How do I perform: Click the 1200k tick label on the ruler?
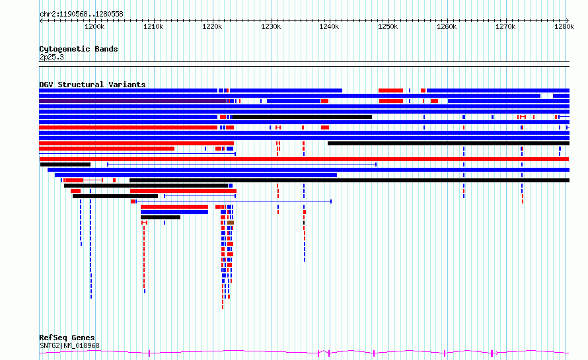pyautogui.click(x=94, y=26)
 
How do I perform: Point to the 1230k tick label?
pyautogui.click(x=271, y=26)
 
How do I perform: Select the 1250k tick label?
pyautogui.click(x=388, y=26)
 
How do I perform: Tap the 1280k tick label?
pyautogui.click(x=564, y=26)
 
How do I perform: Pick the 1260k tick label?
pyautogui.click(x=447, y=26)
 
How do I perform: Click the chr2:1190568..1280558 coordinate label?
pyautogui.click(x=81, y=14)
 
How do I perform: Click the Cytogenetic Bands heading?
pyautogui.click(x=79, y=49)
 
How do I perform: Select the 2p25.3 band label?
pyautogui.click(x=52, y=57)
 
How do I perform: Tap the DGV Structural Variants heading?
pyautogui.click(x=92, y=85)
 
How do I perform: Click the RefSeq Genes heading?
pyautogui.click(x=67, y=338)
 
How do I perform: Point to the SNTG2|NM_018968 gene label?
pyautogui.click(x=69, y=345)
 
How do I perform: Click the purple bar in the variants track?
pyautogui.click(x=133, y=101)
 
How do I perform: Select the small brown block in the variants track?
pyautogui.click(x=231, y=223)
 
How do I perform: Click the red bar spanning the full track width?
pyautogui.click(x=304, y=159)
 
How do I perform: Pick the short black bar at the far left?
pyautogui.click(x=65, y=164)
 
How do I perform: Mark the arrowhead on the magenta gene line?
pyautogui.click(x=496, y=353)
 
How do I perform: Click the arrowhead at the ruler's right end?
pyautogui.click(x=568, y=21)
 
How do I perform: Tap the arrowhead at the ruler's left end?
pyautogui.click(x=41, y=21)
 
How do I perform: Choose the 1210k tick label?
pyautogui.click(x=153, y=26)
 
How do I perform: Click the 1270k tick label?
pyautogui.click(x=505, y=26)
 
